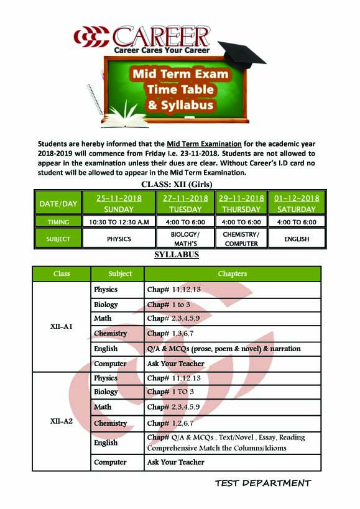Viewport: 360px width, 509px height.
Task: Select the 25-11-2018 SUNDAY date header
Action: click(118, 203)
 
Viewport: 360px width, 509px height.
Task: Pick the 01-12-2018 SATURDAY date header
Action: click(297, 203)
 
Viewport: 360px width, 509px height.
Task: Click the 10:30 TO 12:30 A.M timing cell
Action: click(118, 222)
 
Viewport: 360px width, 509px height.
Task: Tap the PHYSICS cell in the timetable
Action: click(118, 239)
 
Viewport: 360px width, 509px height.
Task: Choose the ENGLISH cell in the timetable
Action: click(297, 239)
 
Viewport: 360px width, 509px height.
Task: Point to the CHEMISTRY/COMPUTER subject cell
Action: click(241, 239)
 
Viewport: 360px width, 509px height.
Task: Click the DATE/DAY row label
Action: click(58, 203)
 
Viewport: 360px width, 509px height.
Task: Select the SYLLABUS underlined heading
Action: click(177, 255)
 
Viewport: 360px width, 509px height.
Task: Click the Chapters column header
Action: click(232, 273)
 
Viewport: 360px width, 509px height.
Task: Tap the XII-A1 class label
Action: click(62, 326)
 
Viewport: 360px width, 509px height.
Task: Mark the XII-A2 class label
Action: click(62, 421)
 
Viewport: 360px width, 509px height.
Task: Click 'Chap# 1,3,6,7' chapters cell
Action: click(172, 334)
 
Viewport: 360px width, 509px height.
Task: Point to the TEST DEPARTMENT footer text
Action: click(263, 483)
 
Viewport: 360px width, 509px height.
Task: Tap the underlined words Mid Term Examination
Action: click(204, 144)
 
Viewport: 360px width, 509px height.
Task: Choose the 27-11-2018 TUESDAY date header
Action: click(185, 203)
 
